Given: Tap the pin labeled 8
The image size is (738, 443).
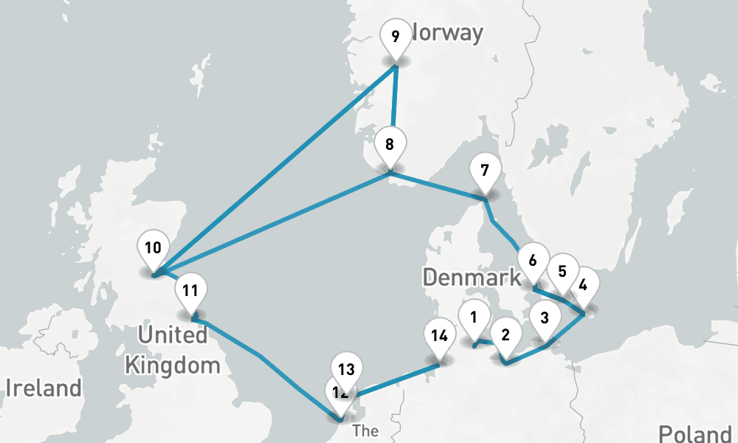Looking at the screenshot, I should point(389,142).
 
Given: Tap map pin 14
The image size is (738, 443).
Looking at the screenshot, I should point(439,337).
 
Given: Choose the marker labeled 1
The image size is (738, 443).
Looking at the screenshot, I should point(473,317).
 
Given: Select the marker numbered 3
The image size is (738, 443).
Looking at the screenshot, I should point(545,320).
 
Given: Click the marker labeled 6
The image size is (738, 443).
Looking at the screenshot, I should point(532,261).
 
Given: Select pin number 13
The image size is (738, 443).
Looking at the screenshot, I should point(346,368).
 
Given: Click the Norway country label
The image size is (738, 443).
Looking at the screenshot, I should point(449,33).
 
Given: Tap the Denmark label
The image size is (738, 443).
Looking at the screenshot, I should point(472,278).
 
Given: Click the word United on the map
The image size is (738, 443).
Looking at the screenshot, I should point(173,335).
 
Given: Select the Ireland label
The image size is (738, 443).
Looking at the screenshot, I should point(44,388).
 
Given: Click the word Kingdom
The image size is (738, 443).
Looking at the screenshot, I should point(172,365).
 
